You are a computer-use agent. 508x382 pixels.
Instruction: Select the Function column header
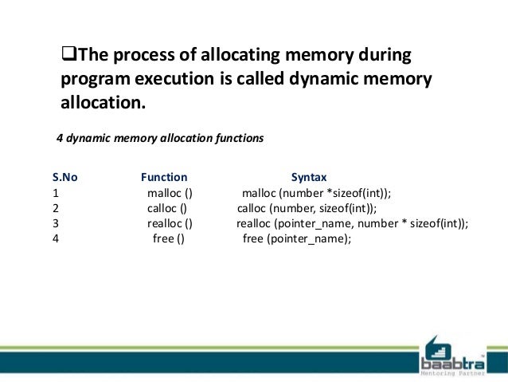[x=164, y=177]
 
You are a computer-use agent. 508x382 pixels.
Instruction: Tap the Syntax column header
[x=309, y=177]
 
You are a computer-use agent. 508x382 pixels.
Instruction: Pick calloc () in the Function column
[x=166, y=208]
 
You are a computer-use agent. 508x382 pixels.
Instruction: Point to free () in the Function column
[x=168, y=238]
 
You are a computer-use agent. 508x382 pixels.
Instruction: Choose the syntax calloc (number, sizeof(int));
[x=308, y=208]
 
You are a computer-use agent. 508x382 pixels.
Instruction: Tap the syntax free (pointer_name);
[x=296, y=238]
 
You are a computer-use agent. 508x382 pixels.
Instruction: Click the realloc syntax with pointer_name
[x=352, y=223]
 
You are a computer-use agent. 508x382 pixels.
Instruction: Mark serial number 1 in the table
[x=56, y=193]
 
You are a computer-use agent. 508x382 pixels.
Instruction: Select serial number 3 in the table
[x=56, y=223]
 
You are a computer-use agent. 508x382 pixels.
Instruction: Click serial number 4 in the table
[x=56, y=238]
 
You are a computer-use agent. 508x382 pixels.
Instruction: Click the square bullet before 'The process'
[x=68, y=57]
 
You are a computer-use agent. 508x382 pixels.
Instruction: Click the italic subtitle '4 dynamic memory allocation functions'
[x=159, y=138]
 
